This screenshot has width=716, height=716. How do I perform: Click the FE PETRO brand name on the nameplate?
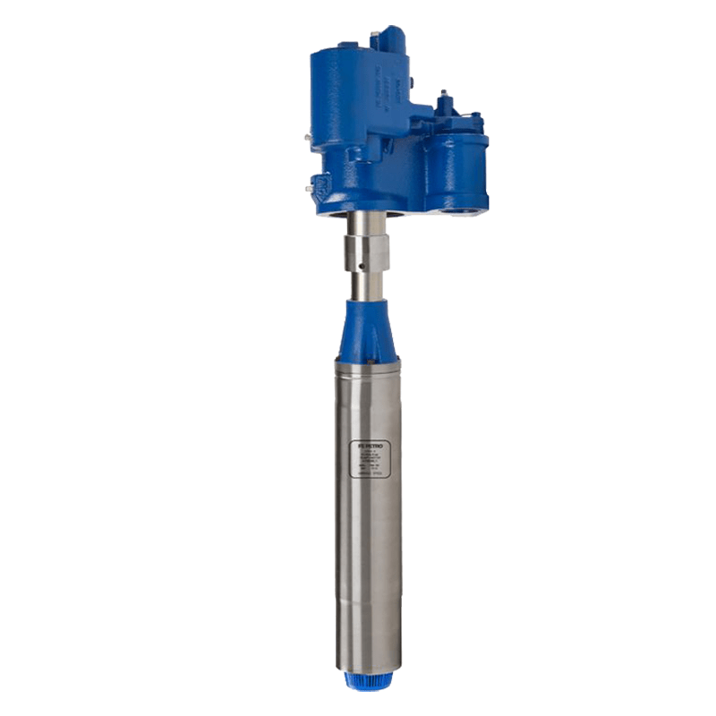coord(369,443)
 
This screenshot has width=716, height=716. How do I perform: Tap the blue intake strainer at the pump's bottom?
coord(368,678)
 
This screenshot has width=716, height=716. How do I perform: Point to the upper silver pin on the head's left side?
coord(307,139)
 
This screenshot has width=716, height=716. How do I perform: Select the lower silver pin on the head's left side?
coord(310,188)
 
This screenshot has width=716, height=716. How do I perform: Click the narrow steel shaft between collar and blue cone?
coord(368,286)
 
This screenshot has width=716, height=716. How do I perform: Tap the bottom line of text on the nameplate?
coord(369,474)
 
